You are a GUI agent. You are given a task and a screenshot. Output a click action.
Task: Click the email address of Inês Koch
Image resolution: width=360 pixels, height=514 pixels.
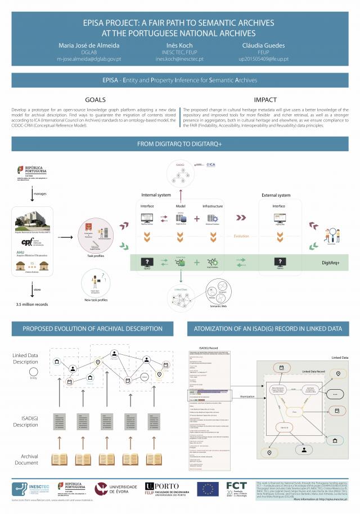[x=180, y=58]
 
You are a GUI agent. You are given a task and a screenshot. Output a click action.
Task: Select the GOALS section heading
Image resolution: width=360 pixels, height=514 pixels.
[x=95, y=100]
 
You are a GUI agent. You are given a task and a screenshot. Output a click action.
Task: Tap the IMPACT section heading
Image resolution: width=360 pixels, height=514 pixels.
[x=264, y=100]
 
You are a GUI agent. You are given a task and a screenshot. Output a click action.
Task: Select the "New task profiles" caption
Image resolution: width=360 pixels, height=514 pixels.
[x=95, y=300]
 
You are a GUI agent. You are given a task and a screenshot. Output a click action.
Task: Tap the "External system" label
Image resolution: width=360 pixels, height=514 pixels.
[x=276, y=195]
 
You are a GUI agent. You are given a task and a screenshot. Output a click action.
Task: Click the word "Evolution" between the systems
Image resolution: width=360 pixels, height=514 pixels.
[x=241, y=236]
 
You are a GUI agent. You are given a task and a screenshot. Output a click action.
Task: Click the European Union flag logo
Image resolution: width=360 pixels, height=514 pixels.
[x=208, y=488]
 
